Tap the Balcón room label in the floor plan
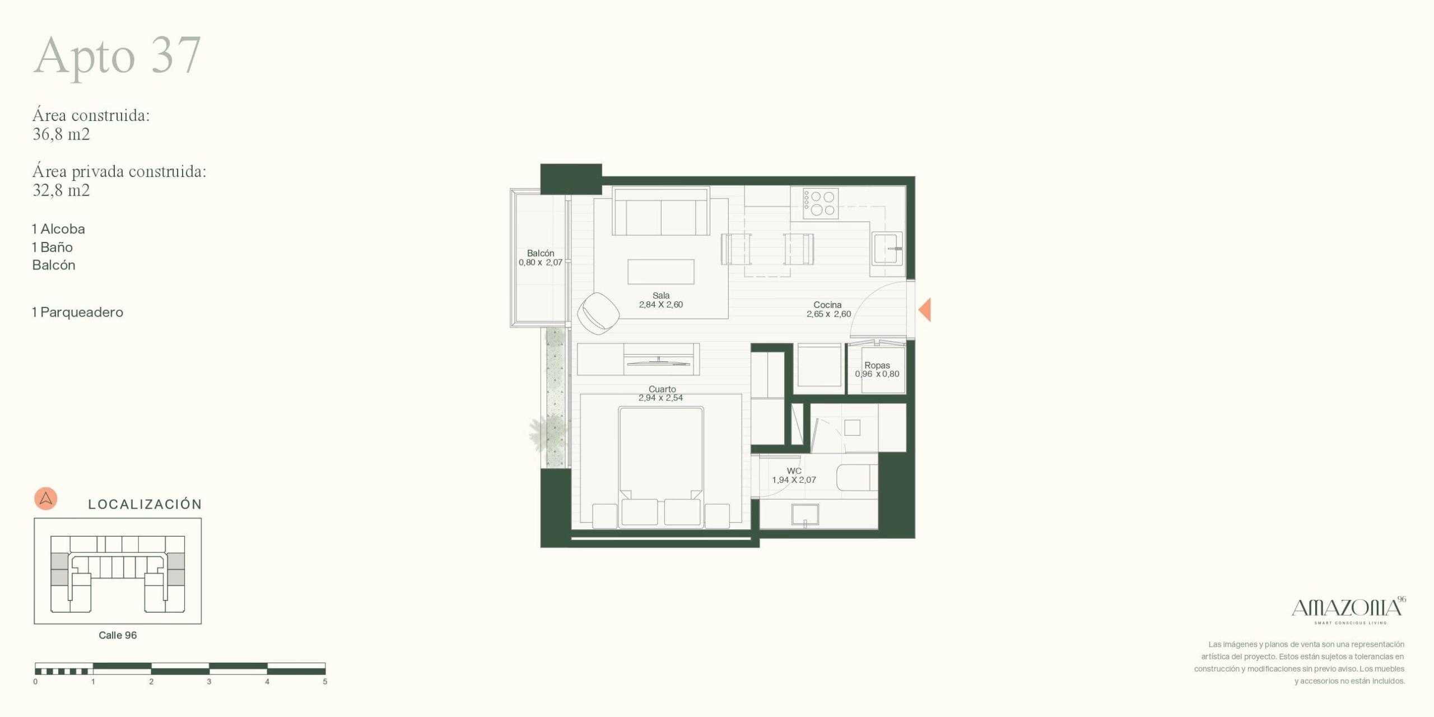541,253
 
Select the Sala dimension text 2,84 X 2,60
661,305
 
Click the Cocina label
827,305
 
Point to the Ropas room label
877,365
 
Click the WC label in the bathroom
794,471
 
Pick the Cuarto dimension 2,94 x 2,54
661,398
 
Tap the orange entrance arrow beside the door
925,310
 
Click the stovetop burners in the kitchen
821,203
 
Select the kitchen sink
887,248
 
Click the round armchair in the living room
598,314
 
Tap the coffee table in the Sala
661,272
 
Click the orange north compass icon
46,499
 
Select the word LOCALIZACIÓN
145,504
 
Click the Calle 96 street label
118,635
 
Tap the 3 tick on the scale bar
209,682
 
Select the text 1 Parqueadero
77,312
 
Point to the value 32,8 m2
61,190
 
